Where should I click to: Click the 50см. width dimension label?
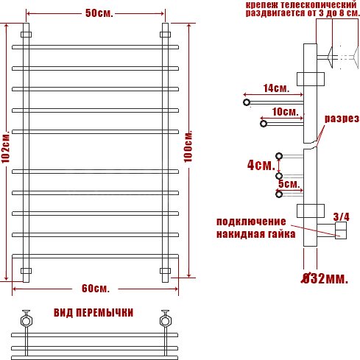[x=99, y=13]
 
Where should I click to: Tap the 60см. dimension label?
[x=96, y=289]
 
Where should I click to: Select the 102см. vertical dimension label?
[x=6, y=147]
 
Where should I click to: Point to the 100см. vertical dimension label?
[x=188, y=147]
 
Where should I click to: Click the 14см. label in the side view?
[x=276, y=88]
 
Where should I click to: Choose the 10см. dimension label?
[x=285, y=112]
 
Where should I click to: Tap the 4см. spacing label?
[x=261, y=165]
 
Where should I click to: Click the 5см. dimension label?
[x=289, y=184]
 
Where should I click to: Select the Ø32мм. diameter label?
[x=325, y=278]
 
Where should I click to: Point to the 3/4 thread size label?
[x=341, y=216]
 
